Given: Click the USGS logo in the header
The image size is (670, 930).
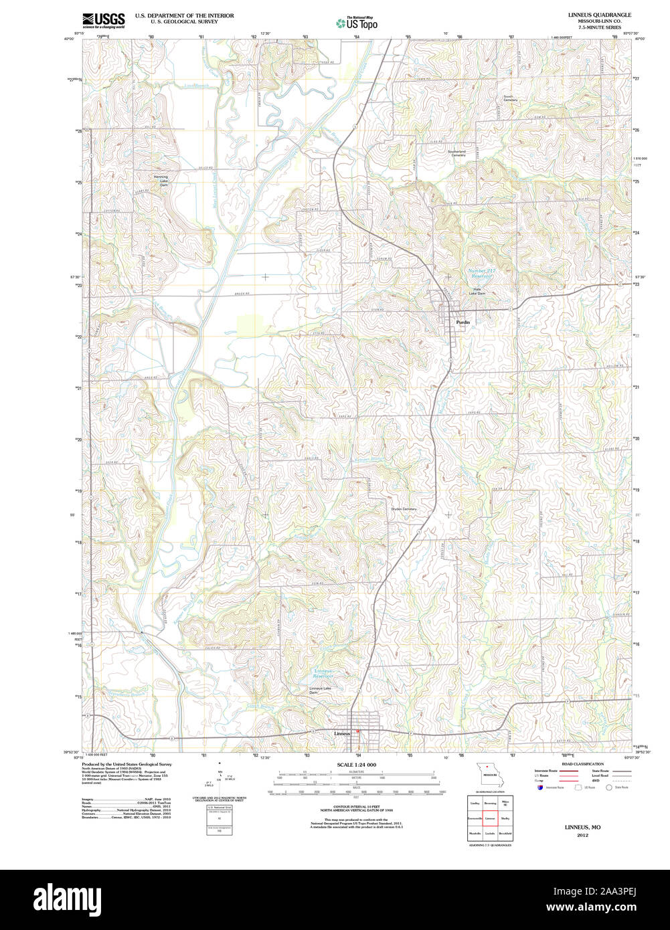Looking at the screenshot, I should coord(103,20).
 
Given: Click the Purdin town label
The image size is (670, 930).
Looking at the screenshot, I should coord(463,322).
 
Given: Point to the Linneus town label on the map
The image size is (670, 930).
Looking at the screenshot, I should coord(342,733).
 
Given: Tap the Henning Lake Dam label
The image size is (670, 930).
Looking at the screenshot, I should coord(161,181).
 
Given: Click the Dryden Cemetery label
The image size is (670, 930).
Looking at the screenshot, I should coord(404,509).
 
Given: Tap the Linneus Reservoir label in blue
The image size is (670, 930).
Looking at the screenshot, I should coord(324,673).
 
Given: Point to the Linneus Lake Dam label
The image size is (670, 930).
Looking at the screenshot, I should coord(320,690).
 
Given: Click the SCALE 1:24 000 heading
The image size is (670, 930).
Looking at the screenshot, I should coord(356,765).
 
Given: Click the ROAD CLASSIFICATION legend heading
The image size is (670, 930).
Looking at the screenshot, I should coord(582,764).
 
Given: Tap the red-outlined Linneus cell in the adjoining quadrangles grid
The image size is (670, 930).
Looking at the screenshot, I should coord(490,818).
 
